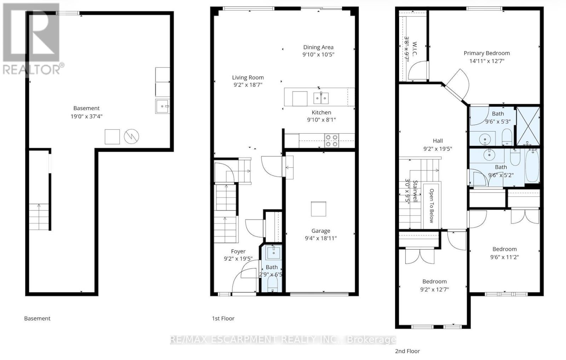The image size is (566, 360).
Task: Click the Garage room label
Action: pyautogui.click(x=320, y=231)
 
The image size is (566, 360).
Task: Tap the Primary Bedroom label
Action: pyautogui.click(x=487, y=53)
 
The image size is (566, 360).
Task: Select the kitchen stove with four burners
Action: pyautogui.click(x=331, y=140)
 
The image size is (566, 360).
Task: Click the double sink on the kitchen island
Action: pyautogui.click(x=321, y=98)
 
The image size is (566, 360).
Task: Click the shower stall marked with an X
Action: pyautogui.click(x=528, y=126)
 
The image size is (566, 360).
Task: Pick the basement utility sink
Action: pyautogui.click(x=162, y=106)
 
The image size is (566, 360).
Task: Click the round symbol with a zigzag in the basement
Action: pyautogui.click(x=131, y=137)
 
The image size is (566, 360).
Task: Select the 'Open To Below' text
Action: pyautogui.click(x=431, y=206)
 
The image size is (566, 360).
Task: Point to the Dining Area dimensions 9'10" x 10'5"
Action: pyautogui.click(x=318, y=54)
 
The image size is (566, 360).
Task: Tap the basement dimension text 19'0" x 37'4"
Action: pyautogui.click(x=86, y=116)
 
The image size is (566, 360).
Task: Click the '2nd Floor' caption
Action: pyautogui.click(x=407, y=351)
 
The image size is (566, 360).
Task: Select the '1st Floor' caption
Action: pyautogui.click(x=223, y=318)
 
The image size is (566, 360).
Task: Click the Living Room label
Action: pyautogui.click(x=248, y=77)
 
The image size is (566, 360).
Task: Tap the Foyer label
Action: pyautogui.click(x=238, y=251)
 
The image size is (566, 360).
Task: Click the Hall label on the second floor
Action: pyautogui.click(x=438, y=141)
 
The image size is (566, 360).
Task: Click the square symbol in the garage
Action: pyautogui.click(x=318, y=209)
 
